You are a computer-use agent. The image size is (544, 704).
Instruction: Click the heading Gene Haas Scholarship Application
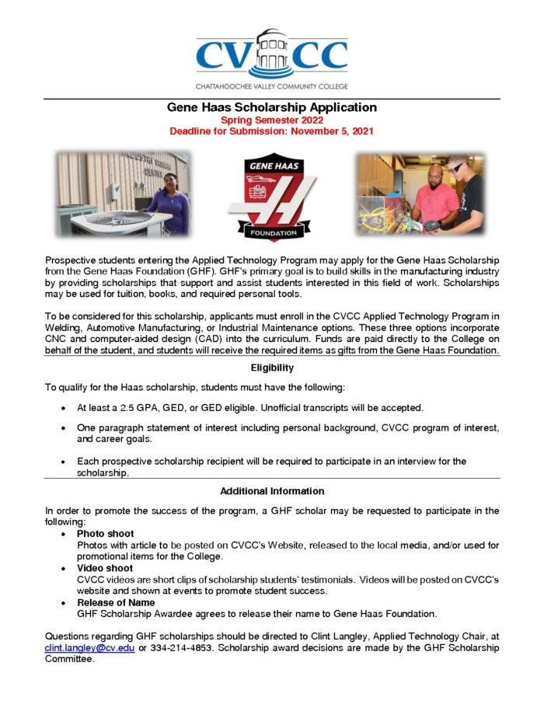pyautogui.click(x=271, y=108)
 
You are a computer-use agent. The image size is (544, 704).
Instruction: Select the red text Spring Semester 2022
pyautogui.click(x=271, y=120)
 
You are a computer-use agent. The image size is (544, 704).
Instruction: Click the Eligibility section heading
pyautogui.click(x=271, y=368)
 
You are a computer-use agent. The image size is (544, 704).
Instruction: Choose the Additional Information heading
pyautogui.click(x=271, y=491)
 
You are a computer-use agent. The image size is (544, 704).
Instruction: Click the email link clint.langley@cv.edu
pyautogui.click(x=89, y=647)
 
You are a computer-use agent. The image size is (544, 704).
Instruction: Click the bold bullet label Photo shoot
pyautogui.click(x=105, y=534)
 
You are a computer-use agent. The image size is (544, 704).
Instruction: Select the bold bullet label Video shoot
pyautogui.click(x=105, y=568)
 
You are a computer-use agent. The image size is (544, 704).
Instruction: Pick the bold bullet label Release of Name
pyautogui.click(x=115, y=602)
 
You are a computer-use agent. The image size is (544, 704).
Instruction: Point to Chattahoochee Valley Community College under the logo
pyautogui.click(x=271, y=85)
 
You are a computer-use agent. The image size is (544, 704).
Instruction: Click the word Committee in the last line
pyautogui.click(x=70, y=659)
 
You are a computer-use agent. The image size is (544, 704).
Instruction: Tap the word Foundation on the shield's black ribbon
pyautogui.click(x=271, y=232)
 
